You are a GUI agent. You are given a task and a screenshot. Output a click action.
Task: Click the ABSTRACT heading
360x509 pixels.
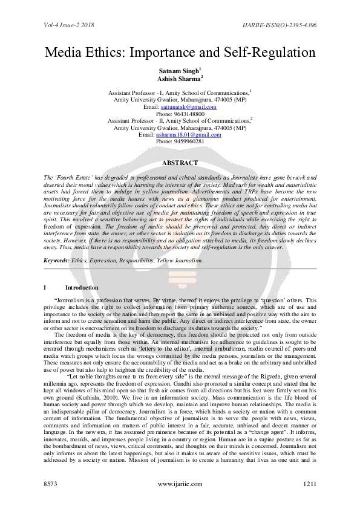point(180,163)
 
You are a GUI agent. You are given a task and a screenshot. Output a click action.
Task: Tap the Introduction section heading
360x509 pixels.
point(82,287)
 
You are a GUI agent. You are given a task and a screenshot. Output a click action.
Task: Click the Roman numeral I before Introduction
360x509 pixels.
point(38,287)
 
